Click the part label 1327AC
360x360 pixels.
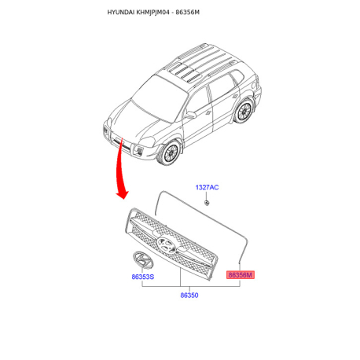tap(207, 187)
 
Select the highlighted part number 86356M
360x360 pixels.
tap(241, 275)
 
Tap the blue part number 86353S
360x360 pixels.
tap(143, 277)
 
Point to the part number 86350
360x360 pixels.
tap(189, 296)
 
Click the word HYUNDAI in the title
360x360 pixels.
tap(121, 13)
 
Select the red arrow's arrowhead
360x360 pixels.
tap(122, 194)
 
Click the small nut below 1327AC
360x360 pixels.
tap(207, 203)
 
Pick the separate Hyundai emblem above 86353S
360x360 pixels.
tap(143, 259)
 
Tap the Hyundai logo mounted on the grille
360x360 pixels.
tap(167, 245)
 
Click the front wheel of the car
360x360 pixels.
tap(170, 152)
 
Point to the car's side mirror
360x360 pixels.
tap(190, 115)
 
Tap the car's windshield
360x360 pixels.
tap(160, 98)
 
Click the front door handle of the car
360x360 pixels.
tap(208, 112)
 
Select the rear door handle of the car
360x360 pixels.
tap(235, 97)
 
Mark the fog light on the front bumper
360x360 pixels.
tap(138, 151)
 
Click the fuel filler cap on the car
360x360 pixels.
tap(254, 86)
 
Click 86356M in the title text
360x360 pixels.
tap(187, 13)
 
